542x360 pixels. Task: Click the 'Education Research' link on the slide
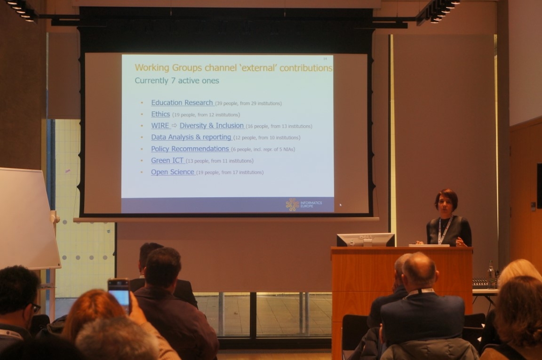[x=182, y=103]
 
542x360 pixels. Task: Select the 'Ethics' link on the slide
[x=160, y=114]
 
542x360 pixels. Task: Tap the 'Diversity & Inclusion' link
[x=212, y=126]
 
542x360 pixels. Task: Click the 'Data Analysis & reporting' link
[x=191, y=137]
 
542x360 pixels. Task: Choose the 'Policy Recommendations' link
[x=190, y=149]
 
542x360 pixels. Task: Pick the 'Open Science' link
[x=173, y=172]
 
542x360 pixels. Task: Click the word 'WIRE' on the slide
[x=160, y=126]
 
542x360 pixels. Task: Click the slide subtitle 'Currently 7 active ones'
[x=177, y=80]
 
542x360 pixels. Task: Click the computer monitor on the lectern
[x=366, y=240]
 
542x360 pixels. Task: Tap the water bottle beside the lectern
[x=491, y=272]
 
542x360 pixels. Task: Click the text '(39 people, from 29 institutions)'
[x=248, y=104]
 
